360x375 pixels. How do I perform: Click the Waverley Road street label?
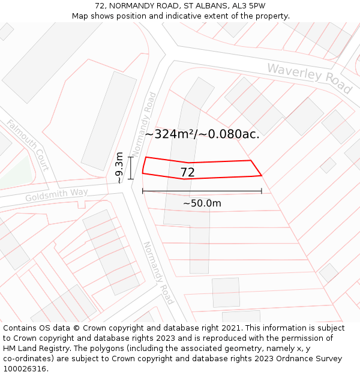point(309,78)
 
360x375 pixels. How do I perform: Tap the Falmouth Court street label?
point(28,144)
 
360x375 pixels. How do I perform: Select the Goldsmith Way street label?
point(56,195)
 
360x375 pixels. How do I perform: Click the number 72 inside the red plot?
point(187,173)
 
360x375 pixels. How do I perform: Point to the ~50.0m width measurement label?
point(202,203)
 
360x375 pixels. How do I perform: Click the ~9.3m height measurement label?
point(119,168)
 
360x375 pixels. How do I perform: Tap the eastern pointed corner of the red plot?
point(261,175)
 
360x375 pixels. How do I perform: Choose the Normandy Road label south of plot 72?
point(158,272)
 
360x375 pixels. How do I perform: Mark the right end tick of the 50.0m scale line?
point(262,191)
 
